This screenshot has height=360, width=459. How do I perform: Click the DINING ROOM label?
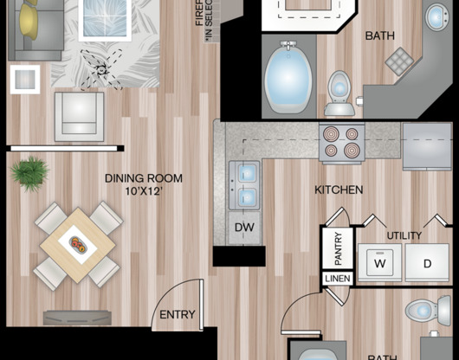[144, 178]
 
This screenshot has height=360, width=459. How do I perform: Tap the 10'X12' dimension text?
[144, 191]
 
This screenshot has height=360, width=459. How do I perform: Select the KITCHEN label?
[339, 190]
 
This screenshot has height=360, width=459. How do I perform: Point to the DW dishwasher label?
[244, 228]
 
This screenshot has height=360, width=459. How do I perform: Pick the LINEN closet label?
[337, 279]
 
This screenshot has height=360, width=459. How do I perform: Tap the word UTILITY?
[404, 235]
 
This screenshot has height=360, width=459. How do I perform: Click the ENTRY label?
[178, 314]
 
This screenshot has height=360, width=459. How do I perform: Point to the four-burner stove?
[341, 142]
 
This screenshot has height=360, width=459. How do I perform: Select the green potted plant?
[29, 173]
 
